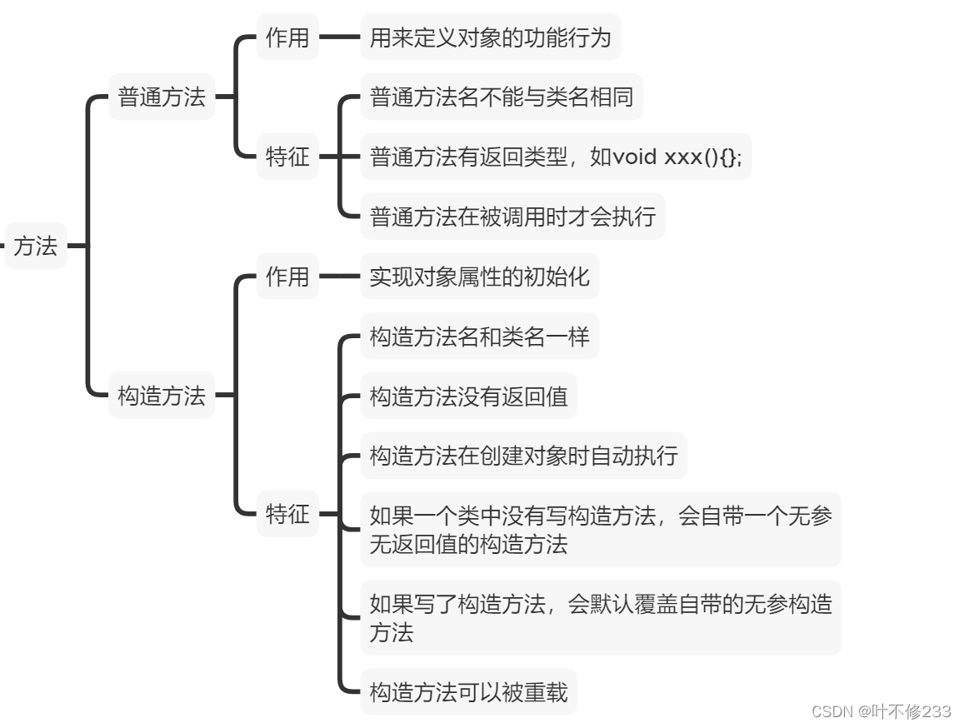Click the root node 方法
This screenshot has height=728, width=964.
pyautogui.click(x=36, y=246)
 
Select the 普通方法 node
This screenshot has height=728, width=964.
pyautogui.click(x=162, y=97)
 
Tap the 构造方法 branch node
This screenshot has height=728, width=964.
pyautogui.click(x=162, y=395)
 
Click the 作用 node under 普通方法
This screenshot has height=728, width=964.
pyautogui.click(x=287, y=37)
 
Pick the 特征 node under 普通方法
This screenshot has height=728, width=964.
pyautogui.click(x=287, y=156)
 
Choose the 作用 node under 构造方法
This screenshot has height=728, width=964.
pyautogui.click(x=287, y=276)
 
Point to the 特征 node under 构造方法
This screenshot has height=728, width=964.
pyautogui.click(x=287, y=514)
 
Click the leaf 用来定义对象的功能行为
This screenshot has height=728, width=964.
pyautogui.click(x=490, y=37)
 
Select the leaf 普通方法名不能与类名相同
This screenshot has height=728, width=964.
pyautogui.click(x=501, y=97)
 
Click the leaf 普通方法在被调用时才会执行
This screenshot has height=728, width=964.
pyautogui.click(x=512, y=217)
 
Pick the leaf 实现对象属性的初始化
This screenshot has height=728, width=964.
pyautogui.click(x=479, y=276)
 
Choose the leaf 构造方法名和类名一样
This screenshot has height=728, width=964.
pyautogui.click(x=479, y=336)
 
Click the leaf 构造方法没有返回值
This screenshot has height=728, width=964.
pyautogui.click(x=468, y=396)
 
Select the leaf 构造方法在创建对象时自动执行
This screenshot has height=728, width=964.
pyautogui.click(x=523, y=456)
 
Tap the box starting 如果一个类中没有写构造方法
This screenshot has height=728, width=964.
pyautogui.click(x=600, y=530)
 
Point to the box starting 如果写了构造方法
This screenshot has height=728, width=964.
pyautogui.click(x=600, y=617)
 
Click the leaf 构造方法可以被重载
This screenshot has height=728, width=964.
pyautogui.click(x=468, y=691)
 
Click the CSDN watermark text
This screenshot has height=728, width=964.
pyautogui.click(x=881, y=711)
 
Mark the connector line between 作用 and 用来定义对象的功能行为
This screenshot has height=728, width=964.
pyautogui.click(x=339, y=37)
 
